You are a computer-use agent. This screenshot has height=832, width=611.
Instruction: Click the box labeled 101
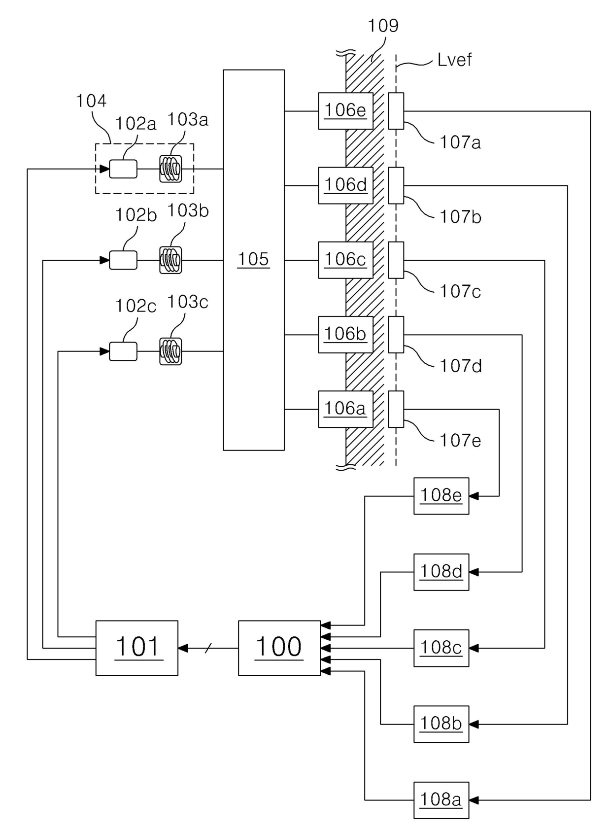click(x=136, y=648)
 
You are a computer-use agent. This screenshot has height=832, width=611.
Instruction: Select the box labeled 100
click(x=279, y=648)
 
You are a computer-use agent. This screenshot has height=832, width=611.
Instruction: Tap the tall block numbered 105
click(x=254, y=260)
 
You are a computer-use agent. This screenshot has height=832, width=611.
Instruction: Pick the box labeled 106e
click(x=345, y=111)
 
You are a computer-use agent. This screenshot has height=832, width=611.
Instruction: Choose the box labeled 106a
click(x=345, y=409)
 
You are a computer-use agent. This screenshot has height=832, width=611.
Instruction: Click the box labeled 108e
click(x=441, y=496)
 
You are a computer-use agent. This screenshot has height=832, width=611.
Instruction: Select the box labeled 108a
click(x=441, y=800)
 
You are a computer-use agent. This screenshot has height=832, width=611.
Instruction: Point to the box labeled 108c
click(x=441, y=648)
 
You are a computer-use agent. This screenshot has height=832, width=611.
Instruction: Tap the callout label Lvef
click(x=454, y=60)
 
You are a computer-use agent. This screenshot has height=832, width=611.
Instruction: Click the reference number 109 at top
click(x=383, y=26)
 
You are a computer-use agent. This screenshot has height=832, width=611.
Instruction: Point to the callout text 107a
click(x=460, y=142)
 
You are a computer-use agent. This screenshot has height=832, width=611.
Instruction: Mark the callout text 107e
click(x=460, y=440)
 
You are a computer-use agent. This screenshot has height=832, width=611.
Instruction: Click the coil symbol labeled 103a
click(x=170, y=169)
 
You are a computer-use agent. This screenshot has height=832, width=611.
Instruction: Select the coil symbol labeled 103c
click(x=170, y=351)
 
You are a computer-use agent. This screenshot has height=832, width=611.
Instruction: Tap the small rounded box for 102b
click(x=123, y=260)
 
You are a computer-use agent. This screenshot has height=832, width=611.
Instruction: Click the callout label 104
click(x=91, y=101)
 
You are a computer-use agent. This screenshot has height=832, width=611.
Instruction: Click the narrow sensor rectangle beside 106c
click(x=396, y=260)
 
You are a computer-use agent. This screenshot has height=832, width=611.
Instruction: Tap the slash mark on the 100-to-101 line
click(x=208, y=648)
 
